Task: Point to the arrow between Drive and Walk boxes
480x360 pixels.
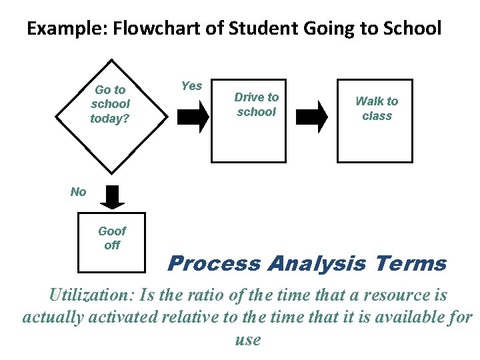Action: pos(311,116)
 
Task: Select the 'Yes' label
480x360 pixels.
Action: pos(191,86)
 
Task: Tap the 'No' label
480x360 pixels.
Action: pos(78,192)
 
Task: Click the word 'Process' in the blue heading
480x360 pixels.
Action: pos(214,263)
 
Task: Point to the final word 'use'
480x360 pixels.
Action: pos(247,339)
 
